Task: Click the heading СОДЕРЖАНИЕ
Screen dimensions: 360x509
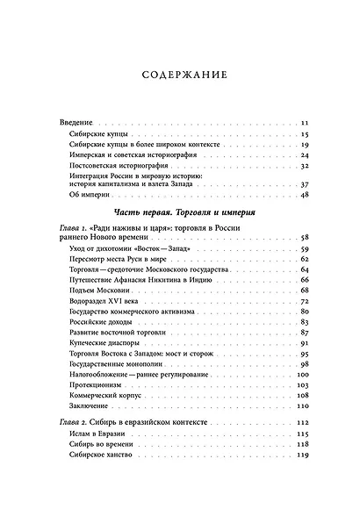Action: pos(180,75)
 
